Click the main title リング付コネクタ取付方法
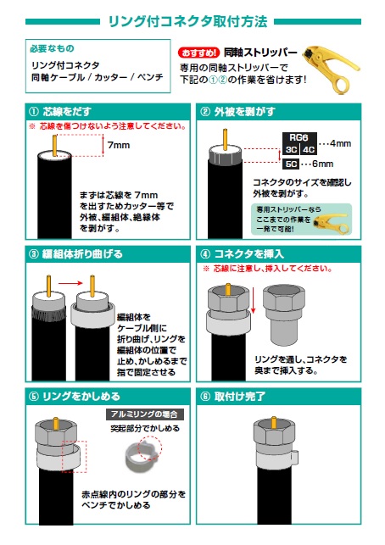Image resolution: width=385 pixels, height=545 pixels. [x=187, y=21]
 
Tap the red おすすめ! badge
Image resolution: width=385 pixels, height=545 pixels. [x=199, y=53]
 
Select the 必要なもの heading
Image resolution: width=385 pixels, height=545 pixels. [x=53, y=48]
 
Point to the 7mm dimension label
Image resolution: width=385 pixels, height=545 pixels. [x=119, y=145]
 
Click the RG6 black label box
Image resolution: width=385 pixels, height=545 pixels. [x=299, y=137]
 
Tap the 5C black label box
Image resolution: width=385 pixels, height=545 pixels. [x=291, y=164]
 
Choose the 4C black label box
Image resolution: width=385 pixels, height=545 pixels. [x=308, y=150]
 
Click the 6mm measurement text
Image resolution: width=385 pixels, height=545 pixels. [x=323, y=164]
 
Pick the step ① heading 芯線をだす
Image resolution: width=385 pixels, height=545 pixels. [x=67, y=112]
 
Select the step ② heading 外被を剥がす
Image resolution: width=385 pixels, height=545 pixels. [x=244, y=112]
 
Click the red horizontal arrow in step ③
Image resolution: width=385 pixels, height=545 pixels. [x=70, y=284]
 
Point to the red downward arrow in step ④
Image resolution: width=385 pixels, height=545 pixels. [x=254, y=301]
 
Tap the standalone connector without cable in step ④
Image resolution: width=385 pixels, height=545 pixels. [x=284, y=315]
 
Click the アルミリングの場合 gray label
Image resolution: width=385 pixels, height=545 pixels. [x=144, y=414]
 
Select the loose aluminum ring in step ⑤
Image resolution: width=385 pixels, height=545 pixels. [x=142, y=459]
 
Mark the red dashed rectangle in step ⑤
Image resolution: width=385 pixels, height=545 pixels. [x=75, y=457]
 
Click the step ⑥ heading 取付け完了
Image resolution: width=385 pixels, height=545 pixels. [x=240, y=397]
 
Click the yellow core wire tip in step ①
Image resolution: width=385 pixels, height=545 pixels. [x=54, y=136]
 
